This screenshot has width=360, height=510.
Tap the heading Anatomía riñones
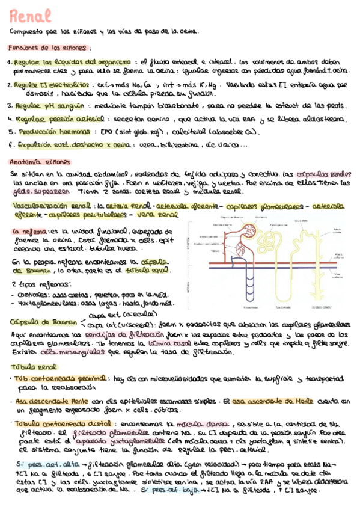click(x=40, y=162)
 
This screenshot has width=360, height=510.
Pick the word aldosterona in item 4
click(x=326, y=119)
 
